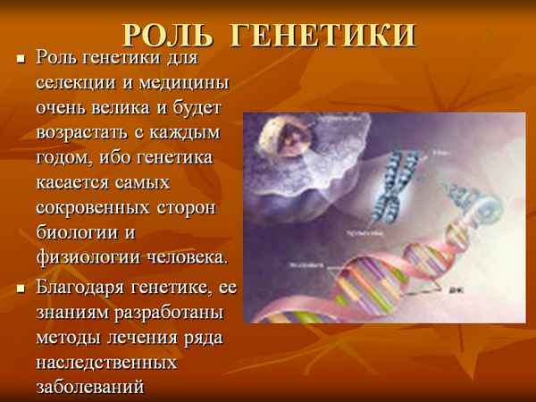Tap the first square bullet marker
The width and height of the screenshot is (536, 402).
click(21, 60)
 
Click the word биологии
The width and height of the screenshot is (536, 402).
click(79, 233)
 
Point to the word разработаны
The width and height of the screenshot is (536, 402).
click(166, 314)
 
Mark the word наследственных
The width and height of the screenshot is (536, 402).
click(107, 363)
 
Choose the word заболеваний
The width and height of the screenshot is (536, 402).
click(90, 388)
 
